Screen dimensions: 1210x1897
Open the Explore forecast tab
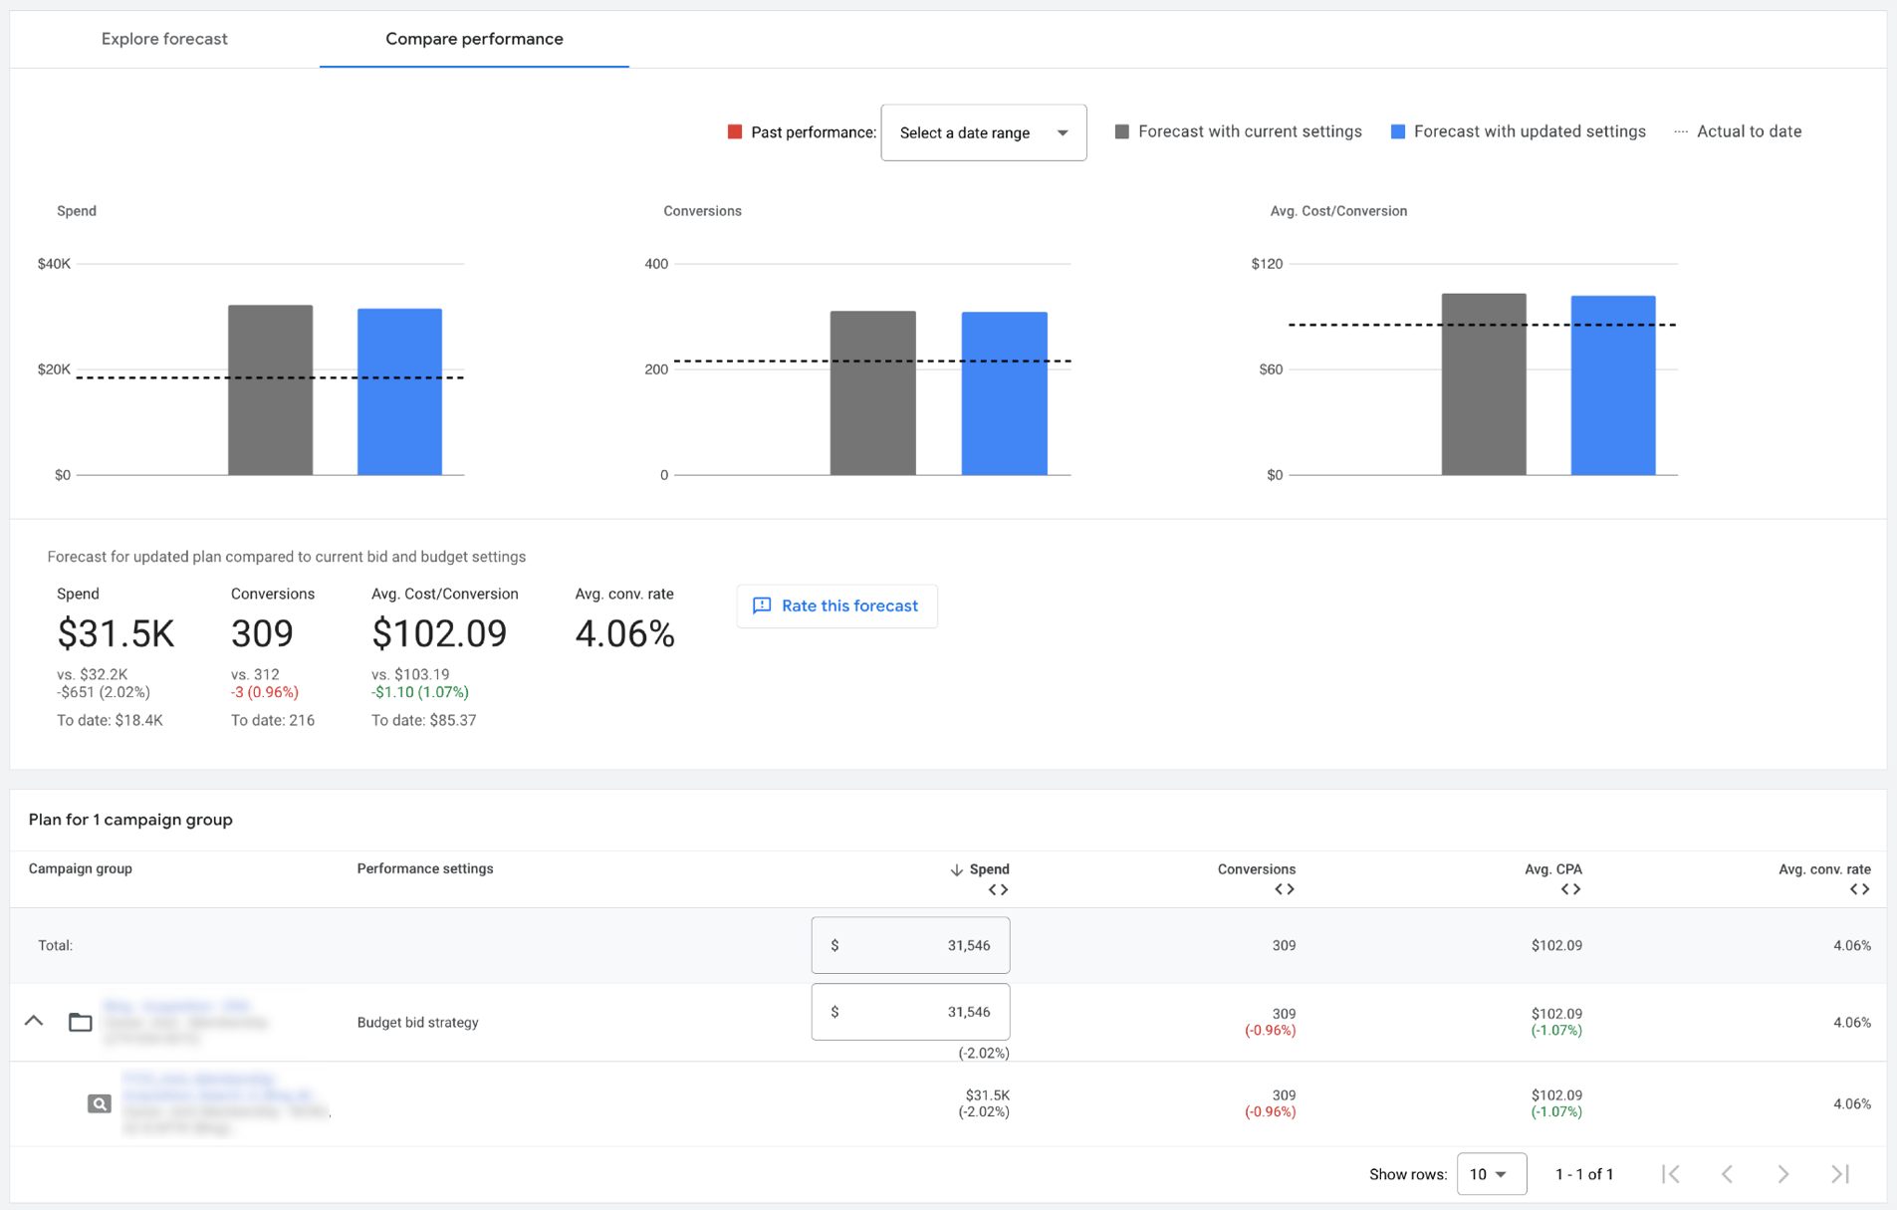164,39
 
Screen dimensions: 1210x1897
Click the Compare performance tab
474,39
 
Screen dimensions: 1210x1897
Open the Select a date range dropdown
983,132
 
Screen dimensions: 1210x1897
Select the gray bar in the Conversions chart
872,392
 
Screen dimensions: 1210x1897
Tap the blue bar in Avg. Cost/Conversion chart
1612,385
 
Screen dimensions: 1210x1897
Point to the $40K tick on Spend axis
54,264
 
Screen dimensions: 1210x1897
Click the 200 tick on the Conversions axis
656,369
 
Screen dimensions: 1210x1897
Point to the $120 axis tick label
1267,264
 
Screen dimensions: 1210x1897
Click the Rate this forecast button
836,605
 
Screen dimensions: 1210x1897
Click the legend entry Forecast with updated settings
1518,131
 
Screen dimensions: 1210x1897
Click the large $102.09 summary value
439,633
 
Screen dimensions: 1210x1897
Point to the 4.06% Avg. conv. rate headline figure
624,633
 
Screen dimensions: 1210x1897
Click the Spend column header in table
988,869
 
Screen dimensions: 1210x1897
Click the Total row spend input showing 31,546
910,945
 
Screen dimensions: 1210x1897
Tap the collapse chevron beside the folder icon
34,1021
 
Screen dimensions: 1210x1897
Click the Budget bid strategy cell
417,1022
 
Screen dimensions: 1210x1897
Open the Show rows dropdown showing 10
1490,1174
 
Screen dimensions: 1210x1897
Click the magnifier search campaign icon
99,1103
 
